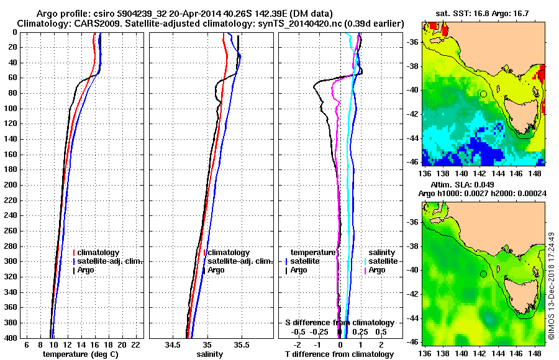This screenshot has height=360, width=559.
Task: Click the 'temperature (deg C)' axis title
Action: (x=80, y=354)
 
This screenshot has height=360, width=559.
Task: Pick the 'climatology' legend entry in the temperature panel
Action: (x=99, y=253)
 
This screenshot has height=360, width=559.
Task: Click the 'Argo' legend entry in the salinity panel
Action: (x=217, y=270)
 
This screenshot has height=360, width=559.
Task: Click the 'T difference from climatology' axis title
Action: (x=339, y=354)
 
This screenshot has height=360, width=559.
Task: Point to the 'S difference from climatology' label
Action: (x=339, y=323)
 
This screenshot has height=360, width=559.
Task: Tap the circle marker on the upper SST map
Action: (x=483, y=94)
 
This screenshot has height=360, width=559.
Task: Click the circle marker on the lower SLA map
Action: (x=483, y=274)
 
